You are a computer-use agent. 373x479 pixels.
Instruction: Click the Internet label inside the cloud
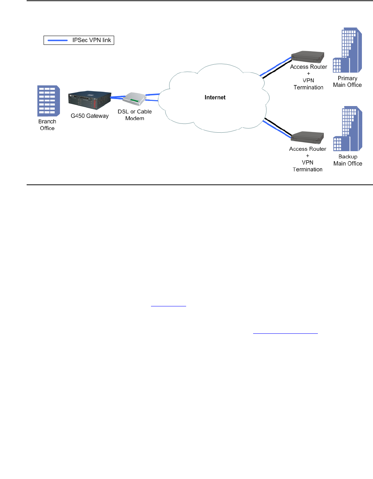215,98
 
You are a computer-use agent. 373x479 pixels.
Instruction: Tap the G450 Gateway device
90,101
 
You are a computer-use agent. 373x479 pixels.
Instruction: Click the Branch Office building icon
48,101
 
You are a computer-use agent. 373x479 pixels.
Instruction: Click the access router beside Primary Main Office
308,57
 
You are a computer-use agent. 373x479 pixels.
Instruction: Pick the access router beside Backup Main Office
308,137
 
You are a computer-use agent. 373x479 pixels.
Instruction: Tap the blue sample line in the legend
58,40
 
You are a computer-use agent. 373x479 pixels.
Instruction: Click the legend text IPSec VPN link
92,40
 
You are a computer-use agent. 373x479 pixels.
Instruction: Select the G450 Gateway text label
90,116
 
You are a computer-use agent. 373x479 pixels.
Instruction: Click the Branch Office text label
47,125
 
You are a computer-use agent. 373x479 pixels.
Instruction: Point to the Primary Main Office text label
347,82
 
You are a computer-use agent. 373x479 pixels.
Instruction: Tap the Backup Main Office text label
348,160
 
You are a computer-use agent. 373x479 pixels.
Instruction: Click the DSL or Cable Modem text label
135,115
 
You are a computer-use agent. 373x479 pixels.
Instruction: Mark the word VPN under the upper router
308,81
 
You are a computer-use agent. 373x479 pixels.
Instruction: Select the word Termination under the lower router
308,170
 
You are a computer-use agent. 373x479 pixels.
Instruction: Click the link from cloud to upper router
276,67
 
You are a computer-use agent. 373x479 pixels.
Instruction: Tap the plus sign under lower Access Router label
308,156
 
